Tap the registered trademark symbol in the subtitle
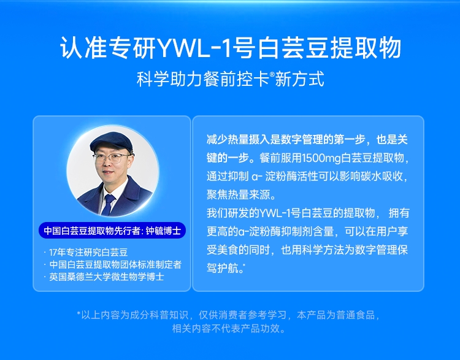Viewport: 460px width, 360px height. point(272,74)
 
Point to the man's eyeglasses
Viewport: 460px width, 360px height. point(112,158)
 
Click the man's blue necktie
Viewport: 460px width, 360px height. point(108,204)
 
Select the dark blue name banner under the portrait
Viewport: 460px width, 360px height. point(112,231)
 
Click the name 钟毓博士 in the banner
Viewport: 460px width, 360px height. point(163,231)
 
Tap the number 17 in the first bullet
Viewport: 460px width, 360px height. point(53,252)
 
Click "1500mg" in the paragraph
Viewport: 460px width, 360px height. point(321,158)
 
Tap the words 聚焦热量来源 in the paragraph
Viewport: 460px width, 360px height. point(238,194)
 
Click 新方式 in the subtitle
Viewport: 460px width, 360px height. point(299,79)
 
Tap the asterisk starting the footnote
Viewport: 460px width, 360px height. point(79,313)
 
